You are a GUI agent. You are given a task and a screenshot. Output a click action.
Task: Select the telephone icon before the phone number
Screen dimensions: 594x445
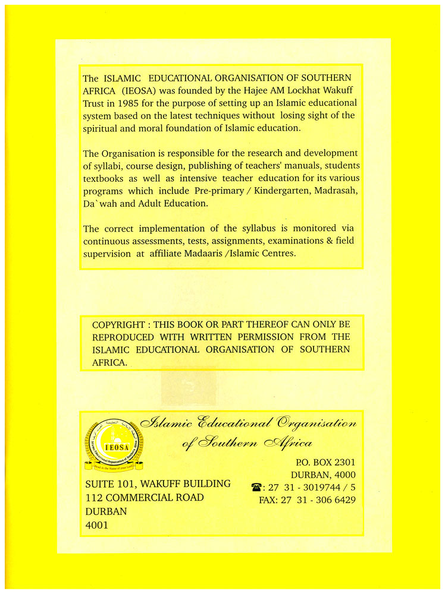(256, 487)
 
